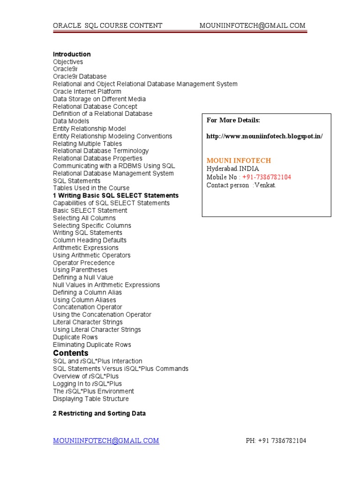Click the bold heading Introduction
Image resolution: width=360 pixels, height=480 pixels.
click(x=72, y=54)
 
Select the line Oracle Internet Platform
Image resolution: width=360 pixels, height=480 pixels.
click(x=87, y=91)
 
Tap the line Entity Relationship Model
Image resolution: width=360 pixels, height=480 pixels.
click(x=89, y=128)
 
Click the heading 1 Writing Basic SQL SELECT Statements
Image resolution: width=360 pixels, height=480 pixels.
click(x=116, y=195)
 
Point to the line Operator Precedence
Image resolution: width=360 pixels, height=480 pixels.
click(x=83, y=262)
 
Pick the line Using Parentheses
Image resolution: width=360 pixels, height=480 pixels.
click(x=80, y=270)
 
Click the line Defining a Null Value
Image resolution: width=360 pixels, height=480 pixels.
click(x=83, y=277)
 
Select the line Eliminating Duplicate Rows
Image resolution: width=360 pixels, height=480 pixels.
click(x=92, y=345)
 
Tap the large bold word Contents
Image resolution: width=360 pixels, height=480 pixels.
click(x=71, y=353)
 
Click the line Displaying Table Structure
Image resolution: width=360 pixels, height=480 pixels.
click(x=91, y=399)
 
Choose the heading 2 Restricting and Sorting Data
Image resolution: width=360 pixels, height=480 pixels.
click(x=99, y=413)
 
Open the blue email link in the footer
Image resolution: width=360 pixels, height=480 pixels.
click(x=106, y=441)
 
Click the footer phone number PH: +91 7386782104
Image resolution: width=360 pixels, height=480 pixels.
click(x=276, y=441)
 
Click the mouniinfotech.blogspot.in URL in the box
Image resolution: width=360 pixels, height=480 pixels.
click(x=265, y=136)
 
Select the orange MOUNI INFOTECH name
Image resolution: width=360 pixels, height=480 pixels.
click(x=239, y=160)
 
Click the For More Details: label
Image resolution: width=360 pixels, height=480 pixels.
click(x=233, y=120)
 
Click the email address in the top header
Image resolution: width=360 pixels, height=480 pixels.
click(x=253, y=25)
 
